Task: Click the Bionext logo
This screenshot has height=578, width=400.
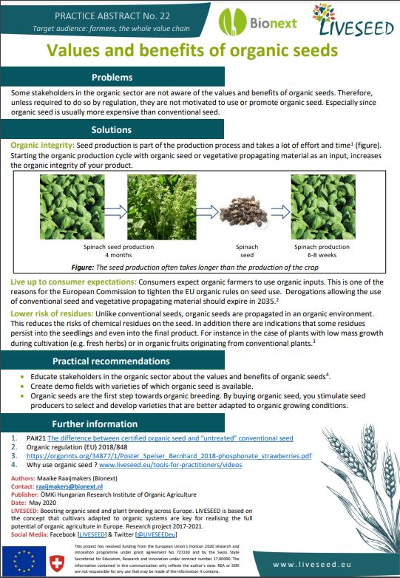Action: (x=264, y=21)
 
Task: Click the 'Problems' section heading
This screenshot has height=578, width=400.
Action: (x=112, y=78)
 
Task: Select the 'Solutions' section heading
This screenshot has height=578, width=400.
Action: (x=112, y=130)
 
